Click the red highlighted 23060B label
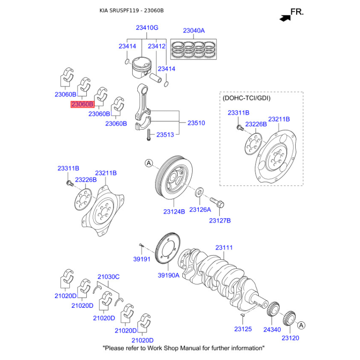(82, 104)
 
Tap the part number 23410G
(147, 28)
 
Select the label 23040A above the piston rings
(193, 31)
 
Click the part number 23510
(196, 122)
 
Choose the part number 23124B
(174, 211)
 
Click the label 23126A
(200, 210)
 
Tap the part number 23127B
(220, 220)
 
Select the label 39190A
(168, 275)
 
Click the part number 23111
(224, 247)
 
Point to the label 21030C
(108, 277)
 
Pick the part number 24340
(272, 330)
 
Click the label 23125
(243, 330)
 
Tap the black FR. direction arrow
(284, 18)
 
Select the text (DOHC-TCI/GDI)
(247, 98)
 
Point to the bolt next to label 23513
(148, 134)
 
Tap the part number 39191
(141, 260)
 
